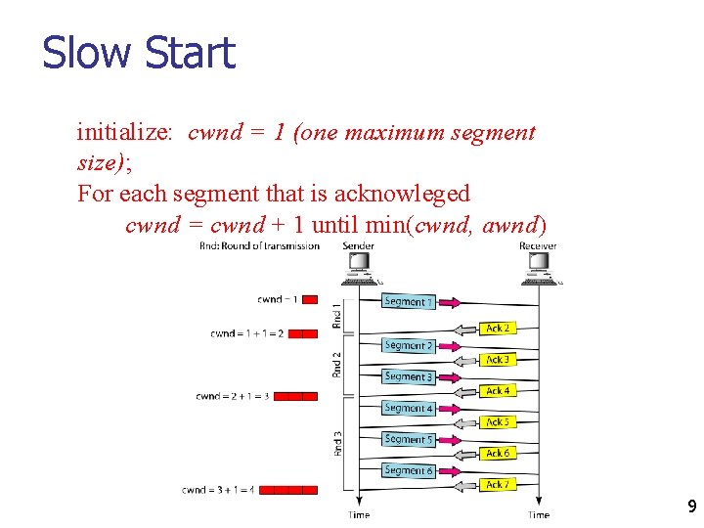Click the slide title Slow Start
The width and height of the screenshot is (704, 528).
click(x=139, y=53)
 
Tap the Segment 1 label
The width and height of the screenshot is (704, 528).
click(x=407, y=301)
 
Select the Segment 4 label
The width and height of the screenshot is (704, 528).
click(x=407, y=408)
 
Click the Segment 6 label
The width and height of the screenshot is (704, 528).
click(x=407, y=470)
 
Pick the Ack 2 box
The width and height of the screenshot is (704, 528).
click(x=498, y=329)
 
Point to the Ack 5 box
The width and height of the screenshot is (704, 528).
click(x=498, y=422)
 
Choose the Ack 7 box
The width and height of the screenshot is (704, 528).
click(x=498, y=485)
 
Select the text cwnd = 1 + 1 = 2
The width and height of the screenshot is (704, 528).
click(x=246, y=333)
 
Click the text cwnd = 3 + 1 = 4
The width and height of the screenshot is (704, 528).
click(x=217, y=490)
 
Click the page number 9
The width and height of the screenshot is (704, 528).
click(x=691, y=506)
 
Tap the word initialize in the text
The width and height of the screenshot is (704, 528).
click(x=124, y=132)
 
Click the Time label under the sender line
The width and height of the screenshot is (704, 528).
click(x=360, y=514)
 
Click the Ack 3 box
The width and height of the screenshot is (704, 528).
click(x=498, y=360)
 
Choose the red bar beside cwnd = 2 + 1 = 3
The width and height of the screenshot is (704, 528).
click(x=295, y=396)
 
